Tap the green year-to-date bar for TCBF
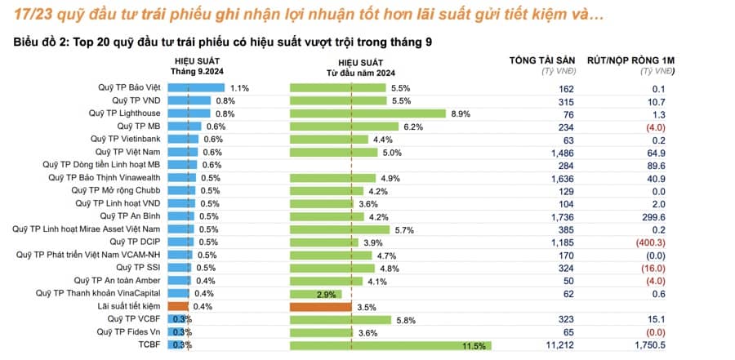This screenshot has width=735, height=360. pyautogui.click(x=376, y=345)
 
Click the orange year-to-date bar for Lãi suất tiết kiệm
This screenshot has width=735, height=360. pyautogui.click(x=320, y=307)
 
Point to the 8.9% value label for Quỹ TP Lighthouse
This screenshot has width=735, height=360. pyautogui.click(x=461, y=113)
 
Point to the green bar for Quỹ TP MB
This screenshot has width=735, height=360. pyautogui.click(x=344, y=127)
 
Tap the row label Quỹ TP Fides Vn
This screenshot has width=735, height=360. pyautogui.click(x=128, y=332)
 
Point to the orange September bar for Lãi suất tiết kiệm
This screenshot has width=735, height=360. pyautogui.click(x=178, y=307)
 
